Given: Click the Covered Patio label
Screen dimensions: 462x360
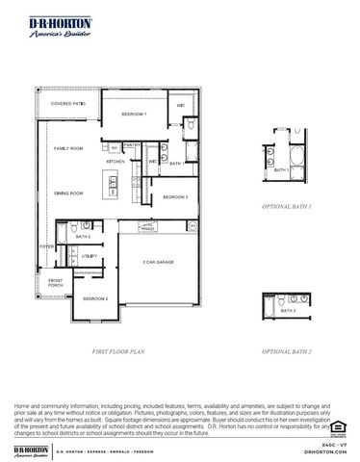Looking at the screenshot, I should pos(69,103).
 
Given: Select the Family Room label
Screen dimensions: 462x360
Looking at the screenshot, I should pos(69,148).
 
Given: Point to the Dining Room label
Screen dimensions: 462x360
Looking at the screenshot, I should pos(68,192).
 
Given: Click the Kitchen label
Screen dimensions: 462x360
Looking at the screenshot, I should pos(116,162).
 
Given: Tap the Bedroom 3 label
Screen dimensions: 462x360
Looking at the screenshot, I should pos(174,197).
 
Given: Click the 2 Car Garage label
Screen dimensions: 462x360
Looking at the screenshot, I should pos(158,262).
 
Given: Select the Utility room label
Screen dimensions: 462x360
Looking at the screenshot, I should pos(88,256).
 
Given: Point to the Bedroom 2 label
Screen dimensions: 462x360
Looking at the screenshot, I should pos(95,299).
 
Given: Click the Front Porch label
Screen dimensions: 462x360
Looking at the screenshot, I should pos(56,284).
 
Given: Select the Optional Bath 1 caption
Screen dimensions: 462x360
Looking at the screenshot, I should pos(287,207).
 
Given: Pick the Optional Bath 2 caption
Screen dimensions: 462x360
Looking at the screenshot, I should pos(287,353).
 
